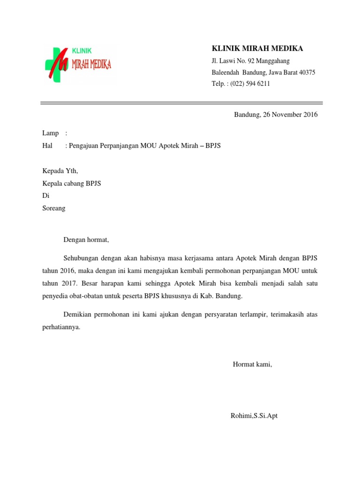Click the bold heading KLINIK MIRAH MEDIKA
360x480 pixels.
[257, 48]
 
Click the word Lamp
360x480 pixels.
[51, 134]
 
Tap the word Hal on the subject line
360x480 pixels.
[47, 146]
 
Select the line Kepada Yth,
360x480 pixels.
[60, 171]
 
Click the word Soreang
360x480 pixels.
[54, 208]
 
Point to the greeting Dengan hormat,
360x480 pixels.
[86, 240]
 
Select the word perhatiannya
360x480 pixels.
[61, 327]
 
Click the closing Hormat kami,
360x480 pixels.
[252, 364]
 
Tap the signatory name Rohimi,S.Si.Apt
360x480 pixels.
[254, 415]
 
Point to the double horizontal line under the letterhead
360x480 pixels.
[181, 104]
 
